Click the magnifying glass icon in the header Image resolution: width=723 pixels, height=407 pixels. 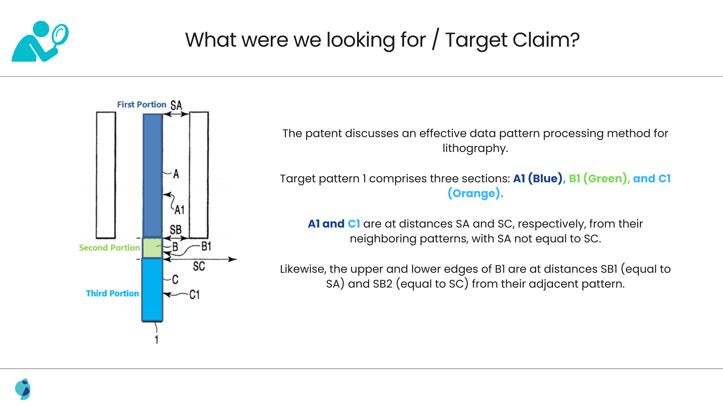click(60, 35)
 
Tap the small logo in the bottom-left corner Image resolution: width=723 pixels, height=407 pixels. click(23, 389)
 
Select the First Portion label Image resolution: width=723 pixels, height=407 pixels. click(141, 105)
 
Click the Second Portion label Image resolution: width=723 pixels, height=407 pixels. click(109, 248)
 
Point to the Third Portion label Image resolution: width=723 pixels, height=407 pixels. click(112, 293)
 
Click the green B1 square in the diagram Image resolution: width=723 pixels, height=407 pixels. click(152, 248)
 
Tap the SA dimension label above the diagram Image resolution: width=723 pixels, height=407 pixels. click(176, 105)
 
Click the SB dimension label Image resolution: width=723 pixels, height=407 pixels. click(176, 230)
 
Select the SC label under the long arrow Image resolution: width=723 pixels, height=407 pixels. click(199, 267)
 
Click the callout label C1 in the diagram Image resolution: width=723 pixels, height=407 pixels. click(194, 295)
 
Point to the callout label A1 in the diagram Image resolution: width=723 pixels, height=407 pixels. click(180, 210)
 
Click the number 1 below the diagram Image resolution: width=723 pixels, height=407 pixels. click(157, 340)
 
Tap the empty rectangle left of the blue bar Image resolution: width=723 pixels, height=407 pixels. click(106, 175)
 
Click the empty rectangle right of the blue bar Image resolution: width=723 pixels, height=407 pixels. click(199, 175)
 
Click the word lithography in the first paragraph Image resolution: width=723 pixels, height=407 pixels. click(475, 148)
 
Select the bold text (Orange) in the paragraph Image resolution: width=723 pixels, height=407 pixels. click(475, 194)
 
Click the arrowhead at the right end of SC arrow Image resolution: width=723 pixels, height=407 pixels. click(233, 259)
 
